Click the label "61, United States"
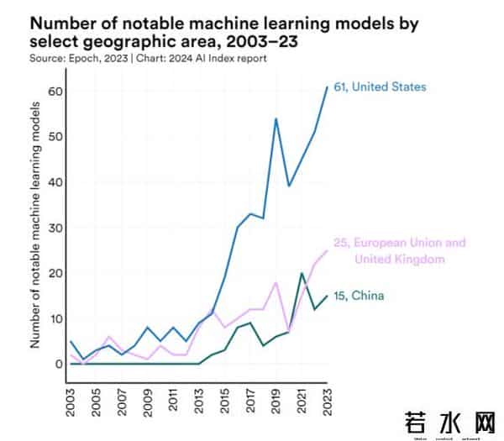point(381,87)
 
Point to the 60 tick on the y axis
point(55,91)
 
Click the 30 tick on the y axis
point(55,228)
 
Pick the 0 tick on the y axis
point(58,364)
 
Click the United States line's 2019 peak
point(276,118)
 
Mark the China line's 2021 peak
point(302,273)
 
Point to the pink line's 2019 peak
point(276,282)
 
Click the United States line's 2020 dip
point(289,186)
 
